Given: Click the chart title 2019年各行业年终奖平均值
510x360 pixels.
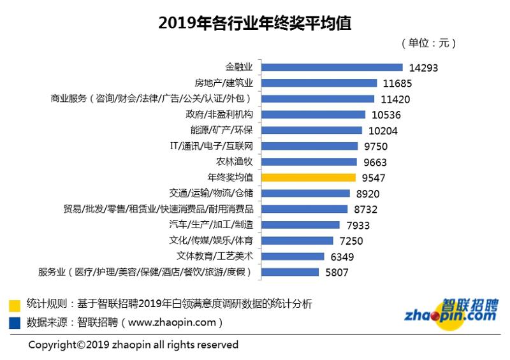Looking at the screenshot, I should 254,24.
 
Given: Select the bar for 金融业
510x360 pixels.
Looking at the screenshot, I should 331,67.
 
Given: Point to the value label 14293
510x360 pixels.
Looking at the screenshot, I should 424,68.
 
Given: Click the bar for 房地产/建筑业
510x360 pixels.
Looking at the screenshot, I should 323,83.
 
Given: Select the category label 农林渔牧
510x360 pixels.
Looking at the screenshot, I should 235,162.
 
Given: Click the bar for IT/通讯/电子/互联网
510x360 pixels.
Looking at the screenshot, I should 309,146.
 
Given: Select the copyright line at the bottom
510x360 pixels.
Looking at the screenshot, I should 133,345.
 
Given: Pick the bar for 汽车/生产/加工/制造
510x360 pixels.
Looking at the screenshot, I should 300,225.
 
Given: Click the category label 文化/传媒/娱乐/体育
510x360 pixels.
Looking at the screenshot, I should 211,241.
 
